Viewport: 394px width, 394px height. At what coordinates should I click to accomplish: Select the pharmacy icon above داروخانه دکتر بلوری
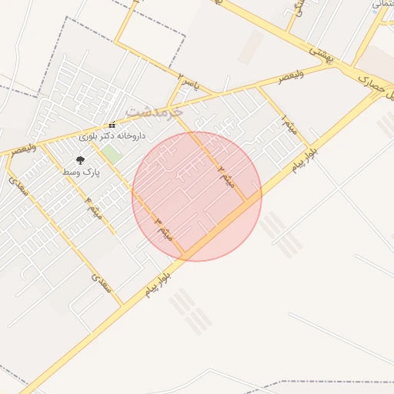click(x=112, y=125)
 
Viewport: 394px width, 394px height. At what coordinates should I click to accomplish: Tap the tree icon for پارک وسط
click(x=80, y=160)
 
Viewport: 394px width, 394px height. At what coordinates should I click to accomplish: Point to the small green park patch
click(x=113, y=154)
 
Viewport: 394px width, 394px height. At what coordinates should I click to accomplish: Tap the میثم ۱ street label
click(x=287, y=125)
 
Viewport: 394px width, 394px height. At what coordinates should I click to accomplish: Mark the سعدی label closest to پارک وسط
click(x=18, y=188)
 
